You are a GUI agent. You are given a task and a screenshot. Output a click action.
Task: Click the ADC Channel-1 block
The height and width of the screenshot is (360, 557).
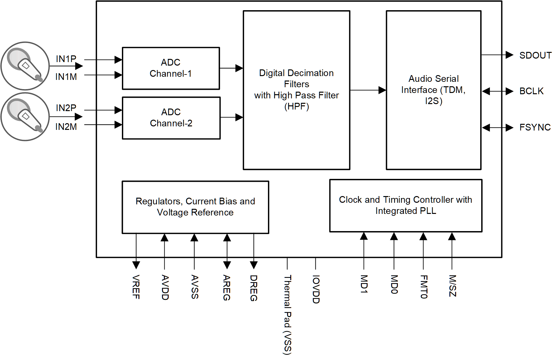tap(171, 68)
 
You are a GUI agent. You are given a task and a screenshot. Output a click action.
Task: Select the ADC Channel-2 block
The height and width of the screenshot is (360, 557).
tap(171, 118)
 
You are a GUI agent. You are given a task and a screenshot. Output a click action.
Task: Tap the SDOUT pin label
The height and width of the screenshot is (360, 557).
tap(535, 55)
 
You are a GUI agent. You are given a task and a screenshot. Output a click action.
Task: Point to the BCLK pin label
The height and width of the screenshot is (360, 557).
tap(531, 91)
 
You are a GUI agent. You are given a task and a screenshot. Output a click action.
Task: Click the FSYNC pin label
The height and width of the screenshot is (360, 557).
tap(535, 127)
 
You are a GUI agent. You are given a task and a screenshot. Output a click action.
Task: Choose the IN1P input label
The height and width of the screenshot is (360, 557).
tap(66, 59)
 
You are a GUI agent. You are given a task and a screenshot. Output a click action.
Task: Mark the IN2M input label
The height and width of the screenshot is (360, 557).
tap(66, 127)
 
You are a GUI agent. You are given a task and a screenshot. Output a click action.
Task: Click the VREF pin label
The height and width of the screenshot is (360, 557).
tap(136, 287)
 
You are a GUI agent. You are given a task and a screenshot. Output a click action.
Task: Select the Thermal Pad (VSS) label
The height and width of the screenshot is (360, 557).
tap(287, 315)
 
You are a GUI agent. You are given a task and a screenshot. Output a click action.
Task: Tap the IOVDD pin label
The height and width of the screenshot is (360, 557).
tap(316, 289)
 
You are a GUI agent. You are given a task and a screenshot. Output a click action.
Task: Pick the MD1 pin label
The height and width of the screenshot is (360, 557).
tap(364, 284)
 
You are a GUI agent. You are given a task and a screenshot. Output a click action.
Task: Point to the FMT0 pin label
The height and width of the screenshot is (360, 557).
tap(424, 287)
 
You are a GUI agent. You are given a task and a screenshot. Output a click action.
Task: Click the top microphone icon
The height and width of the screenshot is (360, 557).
tap(25, 66)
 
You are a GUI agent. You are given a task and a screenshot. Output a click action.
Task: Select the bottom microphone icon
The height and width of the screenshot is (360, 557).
tap(25, 116)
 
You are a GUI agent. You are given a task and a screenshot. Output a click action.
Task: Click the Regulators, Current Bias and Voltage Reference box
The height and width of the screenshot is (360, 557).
tap(195, 207)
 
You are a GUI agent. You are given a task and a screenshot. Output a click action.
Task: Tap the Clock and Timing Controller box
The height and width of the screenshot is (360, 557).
tap(405, 206)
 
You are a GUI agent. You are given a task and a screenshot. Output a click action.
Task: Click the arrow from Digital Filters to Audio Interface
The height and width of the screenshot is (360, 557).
tap(368, 90)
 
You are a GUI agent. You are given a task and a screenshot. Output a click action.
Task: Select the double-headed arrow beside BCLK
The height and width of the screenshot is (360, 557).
tap(497, 91)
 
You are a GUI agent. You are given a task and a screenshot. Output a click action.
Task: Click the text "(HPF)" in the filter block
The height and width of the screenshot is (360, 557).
tap(296, 106)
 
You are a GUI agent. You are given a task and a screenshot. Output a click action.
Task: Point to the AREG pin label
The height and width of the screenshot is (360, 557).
tap(227, 287)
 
